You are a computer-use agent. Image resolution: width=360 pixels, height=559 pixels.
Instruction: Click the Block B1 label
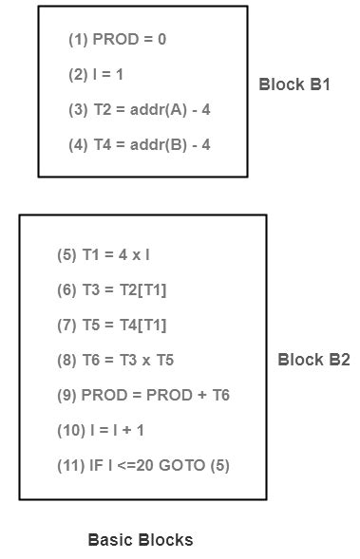click(294, 84)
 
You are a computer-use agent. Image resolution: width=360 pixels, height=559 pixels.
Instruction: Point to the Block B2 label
click(313, 360)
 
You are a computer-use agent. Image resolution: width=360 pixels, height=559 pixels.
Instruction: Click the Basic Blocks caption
click(141, 540)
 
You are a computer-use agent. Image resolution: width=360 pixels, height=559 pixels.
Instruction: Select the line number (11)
click(70, 465)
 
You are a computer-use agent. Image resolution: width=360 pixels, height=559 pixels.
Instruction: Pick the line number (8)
click(66, 360)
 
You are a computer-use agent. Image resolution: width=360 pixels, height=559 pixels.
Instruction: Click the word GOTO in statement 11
click(187, 465)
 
